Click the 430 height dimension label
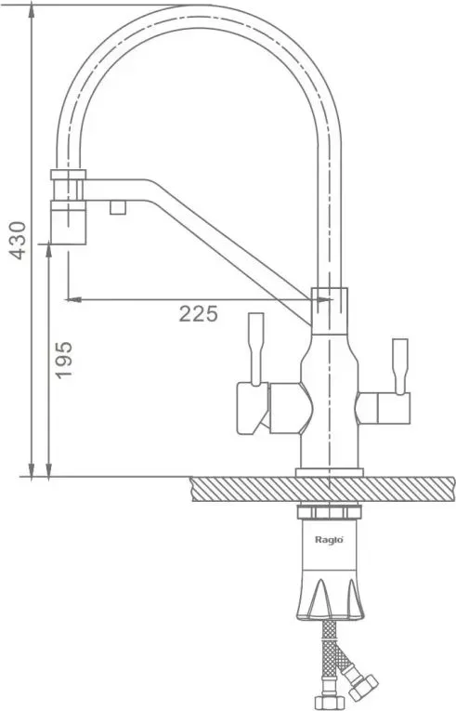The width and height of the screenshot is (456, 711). tap(18, 241)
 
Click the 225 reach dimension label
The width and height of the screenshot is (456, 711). tap(198, 313)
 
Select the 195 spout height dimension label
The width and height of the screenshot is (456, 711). tap(63, 360)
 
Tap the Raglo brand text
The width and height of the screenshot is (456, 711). tap(329, 540)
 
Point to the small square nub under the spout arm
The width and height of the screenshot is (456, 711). tap(117, 207)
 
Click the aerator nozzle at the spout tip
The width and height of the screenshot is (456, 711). tap(68, 222)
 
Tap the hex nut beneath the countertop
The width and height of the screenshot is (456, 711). tap(329, 512)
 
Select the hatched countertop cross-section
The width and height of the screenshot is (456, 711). tap(323, 489)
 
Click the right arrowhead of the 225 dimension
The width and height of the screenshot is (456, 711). tap(323, 299)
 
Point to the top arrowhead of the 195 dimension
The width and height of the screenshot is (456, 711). tap(49, 251)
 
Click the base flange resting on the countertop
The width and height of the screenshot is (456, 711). tap(330, 472)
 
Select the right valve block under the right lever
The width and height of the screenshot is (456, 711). tap(383, 408)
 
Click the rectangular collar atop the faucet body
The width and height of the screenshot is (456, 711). tap(330, 311)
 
